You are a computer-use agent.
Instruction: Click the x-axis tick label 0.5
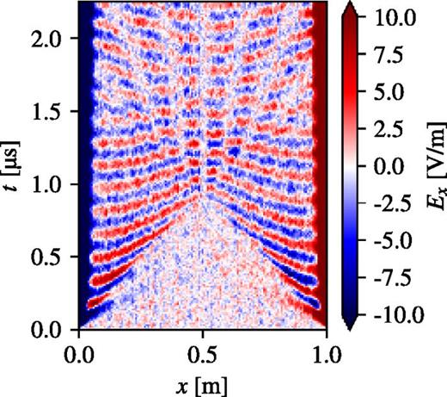tap(202, 354)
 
